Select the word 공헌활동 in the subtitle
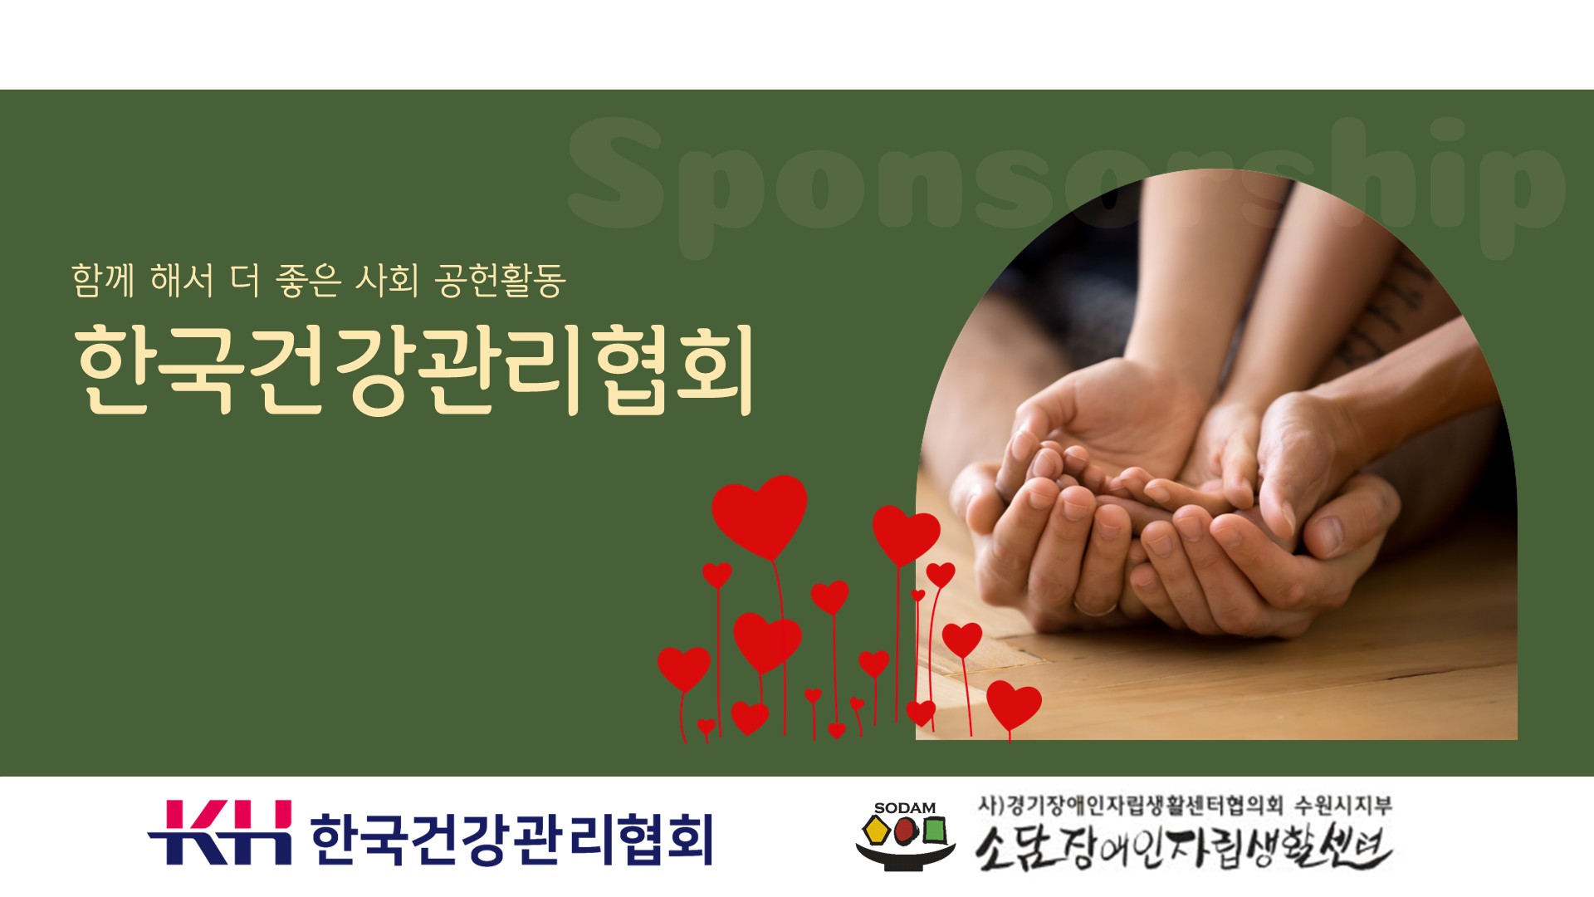501,280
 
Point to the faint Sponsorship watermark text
1067,183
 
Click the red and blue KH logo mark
220,832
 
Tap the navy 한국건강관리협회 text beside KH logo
511,839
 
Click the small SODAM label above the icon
905,807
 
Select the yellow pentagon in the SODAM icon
877,830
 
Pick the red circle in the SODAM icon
905,830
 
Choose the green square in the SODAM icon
934,830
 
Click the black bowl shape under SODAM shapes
905,855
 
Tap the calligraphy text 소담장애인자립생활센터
1183,846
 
